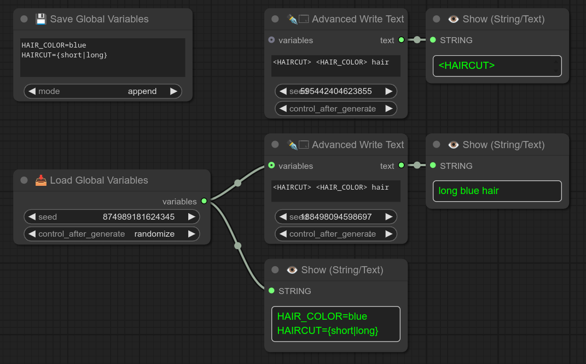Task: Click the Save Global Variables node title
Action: click(x=99, y=19)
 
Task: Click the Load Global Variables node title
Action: click(x=98, y=180)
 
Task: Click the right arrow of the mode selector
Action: click(x=174, y=91)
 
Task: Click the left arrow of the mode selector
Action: click(x=32, y=91)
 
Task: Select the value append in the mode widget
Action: click(x=142, y=91)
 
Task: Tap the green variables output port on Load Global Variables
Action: click(x=204, y=201)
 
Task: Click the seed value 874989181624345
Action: click(x=138, y=217)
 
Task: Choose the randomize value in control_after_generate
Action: click(x=154, y=234)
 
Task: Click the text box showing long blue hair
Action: click(x=497, y=191)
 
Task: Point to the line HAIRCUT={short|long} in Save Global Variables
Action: click(x=65, y=55)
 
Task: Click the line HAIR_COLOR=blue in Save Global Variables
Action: click(x=54, y=45)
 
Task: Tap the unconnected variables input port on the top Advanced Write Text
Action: click(x=271, y=40)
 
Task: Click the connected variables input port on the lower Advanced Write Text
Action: click(x=271, y=165)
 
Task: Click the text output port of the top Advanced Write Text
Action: click(x=401, y=40)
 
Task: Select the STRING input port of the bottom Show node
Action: click(x=271, y=290)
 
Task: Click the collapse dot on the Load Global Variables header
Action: click(x=24, y=180)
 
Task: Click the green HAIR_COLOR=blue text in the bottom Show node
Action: click(x=322, y=316)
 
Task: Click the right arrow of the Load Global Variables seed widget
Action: click(x=192, y=217)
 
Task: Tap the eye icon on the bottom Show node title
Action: click(x=292, y=270)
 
